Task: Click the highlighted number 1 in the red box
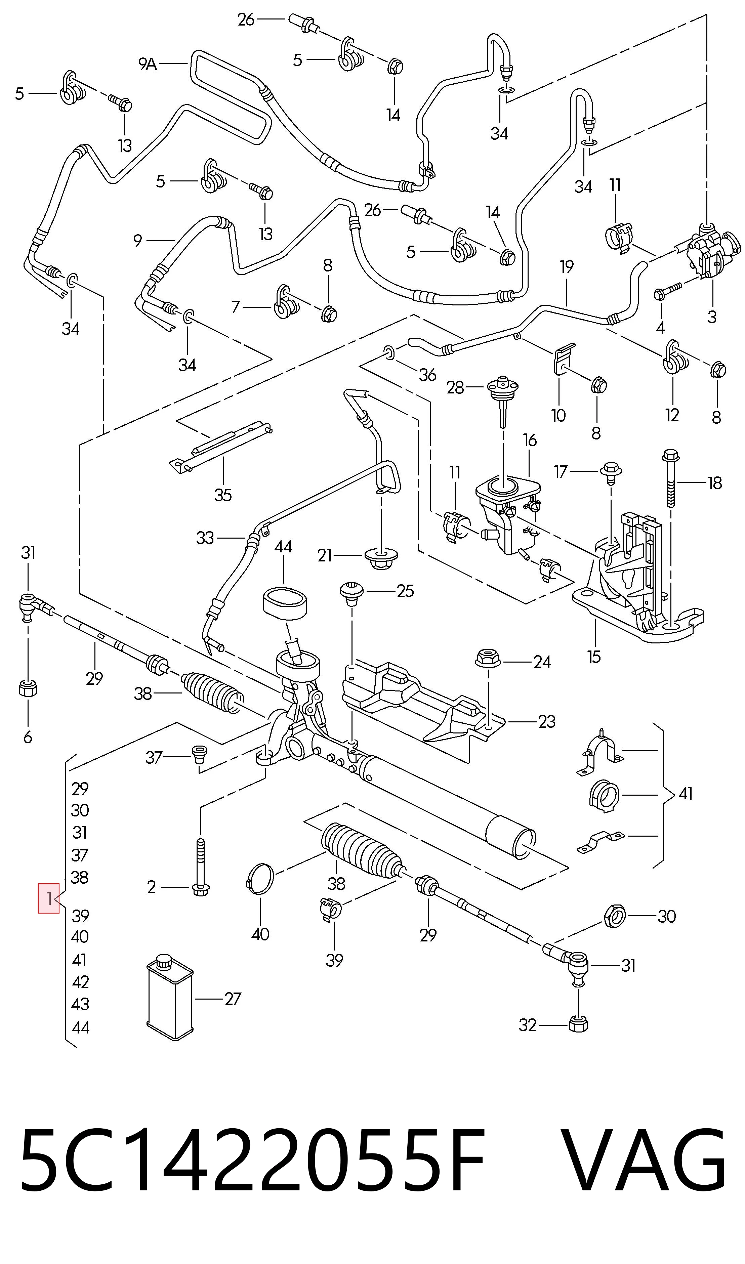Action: click(49, 898)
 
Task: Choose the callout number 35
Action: click(223, 495)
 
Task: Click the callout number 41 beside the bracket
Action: click(685, 793)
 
